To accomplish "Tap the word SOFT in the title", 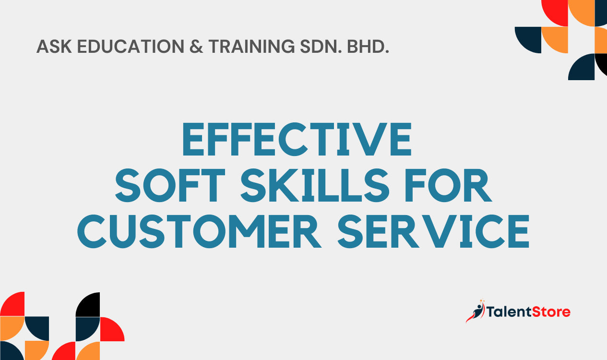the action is coord(170,185).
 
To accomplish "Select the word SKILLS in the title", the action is coord(315,185).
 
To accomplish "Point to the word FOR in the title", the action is coord(448,185).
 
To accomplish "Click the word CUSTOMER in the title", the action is coord(199,231).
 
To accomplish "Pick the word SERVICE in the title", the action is coord(434,231).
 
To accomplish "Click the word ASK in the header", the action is coord(54,47).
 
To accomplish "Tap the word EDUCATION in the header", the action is coord(131,47).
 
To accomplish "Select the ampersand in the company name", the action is coord(196,47).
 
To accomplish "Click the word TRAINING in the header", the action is coord(251,47).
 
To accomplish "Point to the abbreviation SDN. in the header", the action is coord(321,47).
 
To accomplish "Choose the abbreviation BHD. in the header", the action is coord(368,47).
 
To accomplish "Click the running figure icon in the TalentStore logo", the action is coord(476,311).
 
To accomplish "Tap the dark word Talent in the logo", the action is coord(509,312).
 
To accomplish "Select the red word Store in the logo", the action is coord(551,312).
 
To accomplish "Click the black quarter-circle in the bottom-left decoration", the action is coord(88,304).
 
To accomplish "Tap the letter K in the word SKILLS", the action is coord(284,185).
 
